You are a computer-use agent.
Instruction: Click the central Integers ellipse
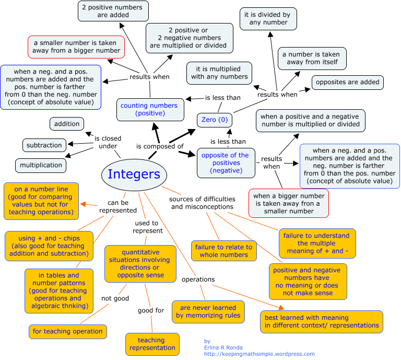(134, 174)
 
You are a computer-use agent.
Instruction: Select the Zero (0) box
(214, 120)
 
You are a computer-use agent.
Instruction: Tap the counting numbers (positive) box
(149, 109)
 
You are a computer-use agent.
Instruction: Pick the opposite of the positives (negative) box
(225, 162)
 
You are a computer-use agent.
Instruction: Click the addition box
(67, 124)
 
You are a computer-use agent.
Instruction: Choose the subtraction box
(44, 145)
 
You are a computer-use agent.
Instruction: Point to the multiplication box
(41, 165)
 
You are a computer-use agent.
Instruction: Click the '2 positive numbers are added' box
(113, 11)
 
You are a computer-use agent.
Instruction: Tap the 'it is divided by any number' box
(268, 18)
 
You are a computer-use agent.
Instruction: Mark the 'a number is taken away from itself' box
(311, 58)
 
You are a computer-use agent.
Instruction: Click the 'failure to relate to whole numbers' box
(223, 251)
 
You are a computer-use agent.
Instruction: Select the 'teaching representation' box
(151, 344)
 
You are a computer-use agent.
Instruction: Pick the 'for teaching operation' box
(67, 331)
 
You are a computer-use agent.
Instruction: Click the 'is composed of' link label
(160, 147)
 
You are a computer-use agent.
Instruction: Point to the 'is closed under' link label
(108, 143)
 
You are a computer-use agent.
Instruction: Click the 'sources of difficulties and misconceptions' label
(202, 203)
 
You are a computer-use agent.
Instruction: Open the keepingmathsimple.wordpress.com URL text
(260, 354)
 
